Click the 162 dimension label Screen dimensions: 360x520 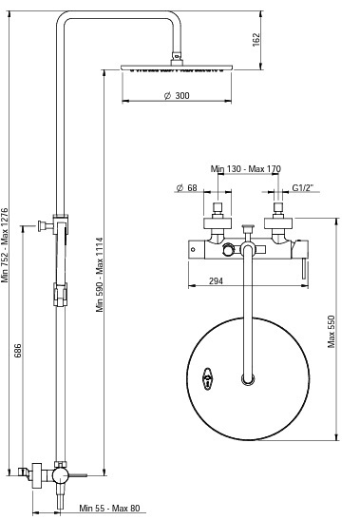tap(256, 40)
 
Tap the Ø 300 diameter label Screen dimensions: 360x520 tap(177, 96)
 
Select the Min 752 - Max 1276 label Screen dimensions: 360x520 tap(5, 245)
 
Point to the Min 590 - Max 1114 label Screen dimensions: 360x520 tap(100, 275)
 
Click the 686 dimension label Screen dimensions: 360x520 tap(18, 351)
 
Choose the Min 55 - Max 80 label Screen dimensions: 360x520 tap(109, 508)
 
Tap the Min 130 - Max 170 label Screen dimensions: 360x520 tap(246, 169)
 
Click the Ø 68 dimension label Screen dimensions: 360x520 tap(186, 188)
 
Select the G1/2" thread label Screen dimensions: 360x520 tap(303, 188)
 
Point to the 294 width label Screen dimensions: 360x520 tap(217, 281)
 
